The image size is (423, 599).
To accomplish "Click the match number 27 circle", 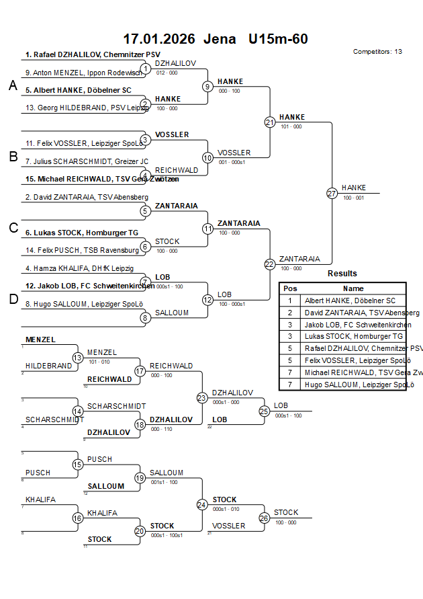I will click(x=332, y=194).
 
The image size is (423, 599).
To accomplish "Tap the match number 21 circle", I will click(x=270, y=122).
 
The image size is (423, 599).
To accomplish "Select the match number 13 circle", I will click(x=77, y=358).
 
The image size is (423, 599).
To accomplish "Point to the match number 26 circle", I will click(x=264, y=518).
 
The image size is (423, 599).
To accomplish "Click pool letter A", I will click(x=12, y=85).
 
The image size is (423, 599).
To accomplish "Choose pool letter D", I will click(x=12, y=299).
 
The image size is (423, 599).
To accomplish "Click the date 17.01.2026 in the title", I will click(x=158, y=39).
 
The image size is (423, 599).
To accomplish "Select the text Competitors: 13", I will click(x=377, y=52).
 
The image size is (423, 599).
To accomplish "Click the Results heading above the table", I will click(x=342, y=274).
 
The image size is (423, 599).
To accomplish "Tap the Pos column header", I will click(x=290, y=288).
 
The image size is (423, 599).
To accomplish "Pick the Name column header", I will click(x=353, y=288).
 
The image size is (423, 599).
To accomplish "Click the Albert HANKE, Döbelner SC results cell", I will click(x=350, y=301).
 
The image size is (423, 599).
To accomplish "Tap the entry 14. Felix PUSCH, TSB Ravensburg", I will click(x=83, y=250).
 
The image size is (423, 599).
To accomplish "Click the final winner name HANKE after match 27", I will click(x=354, y=188).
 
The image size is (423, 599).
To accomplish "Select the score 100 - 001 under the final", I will click(x=353, y=198).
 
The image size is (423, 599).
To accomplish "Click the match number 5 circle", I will click(x=144, y=211).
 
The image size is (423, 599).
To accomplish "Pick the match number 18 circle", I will click(x=140, y=424).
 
